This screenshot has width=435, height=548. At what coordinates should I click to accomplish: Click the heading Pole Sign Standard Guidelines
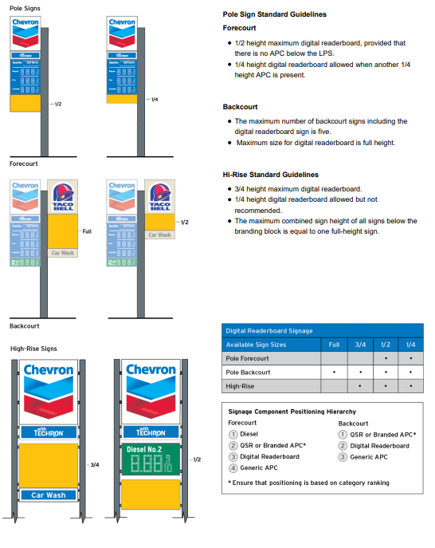tap(274, 14)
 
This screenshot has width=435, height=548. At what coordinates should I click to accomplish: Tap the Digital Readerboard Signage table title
tap(269, 330)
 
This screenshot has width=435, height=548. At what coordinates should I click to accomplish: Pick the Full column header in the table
tap(333, 345)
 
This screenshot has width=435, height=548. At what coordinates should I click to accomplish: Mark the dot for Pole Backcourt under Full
tap(333, 373)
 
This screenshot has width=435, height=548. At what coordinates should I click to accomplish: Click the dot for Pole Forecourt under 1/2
tap(385, 358)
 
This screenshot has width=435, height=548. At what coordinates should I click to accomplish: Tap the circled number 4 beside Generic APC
tap(233, 468)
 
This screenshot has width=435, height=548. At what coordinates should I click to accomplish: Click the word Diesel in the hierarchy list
tap(250, 434)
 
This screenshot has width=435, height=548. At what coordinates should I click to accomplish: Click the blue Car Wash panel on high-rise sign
tap(47, 495)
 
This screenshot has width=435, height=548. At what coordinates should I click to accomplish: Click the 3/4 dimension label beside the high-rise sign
tap(94, 464)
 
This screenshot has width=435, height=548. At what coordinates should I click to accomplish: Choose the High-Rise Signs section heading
tap(33, 348)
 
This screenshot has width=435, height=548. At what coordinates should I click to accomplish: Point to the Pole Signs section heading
tap(25, 8)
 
